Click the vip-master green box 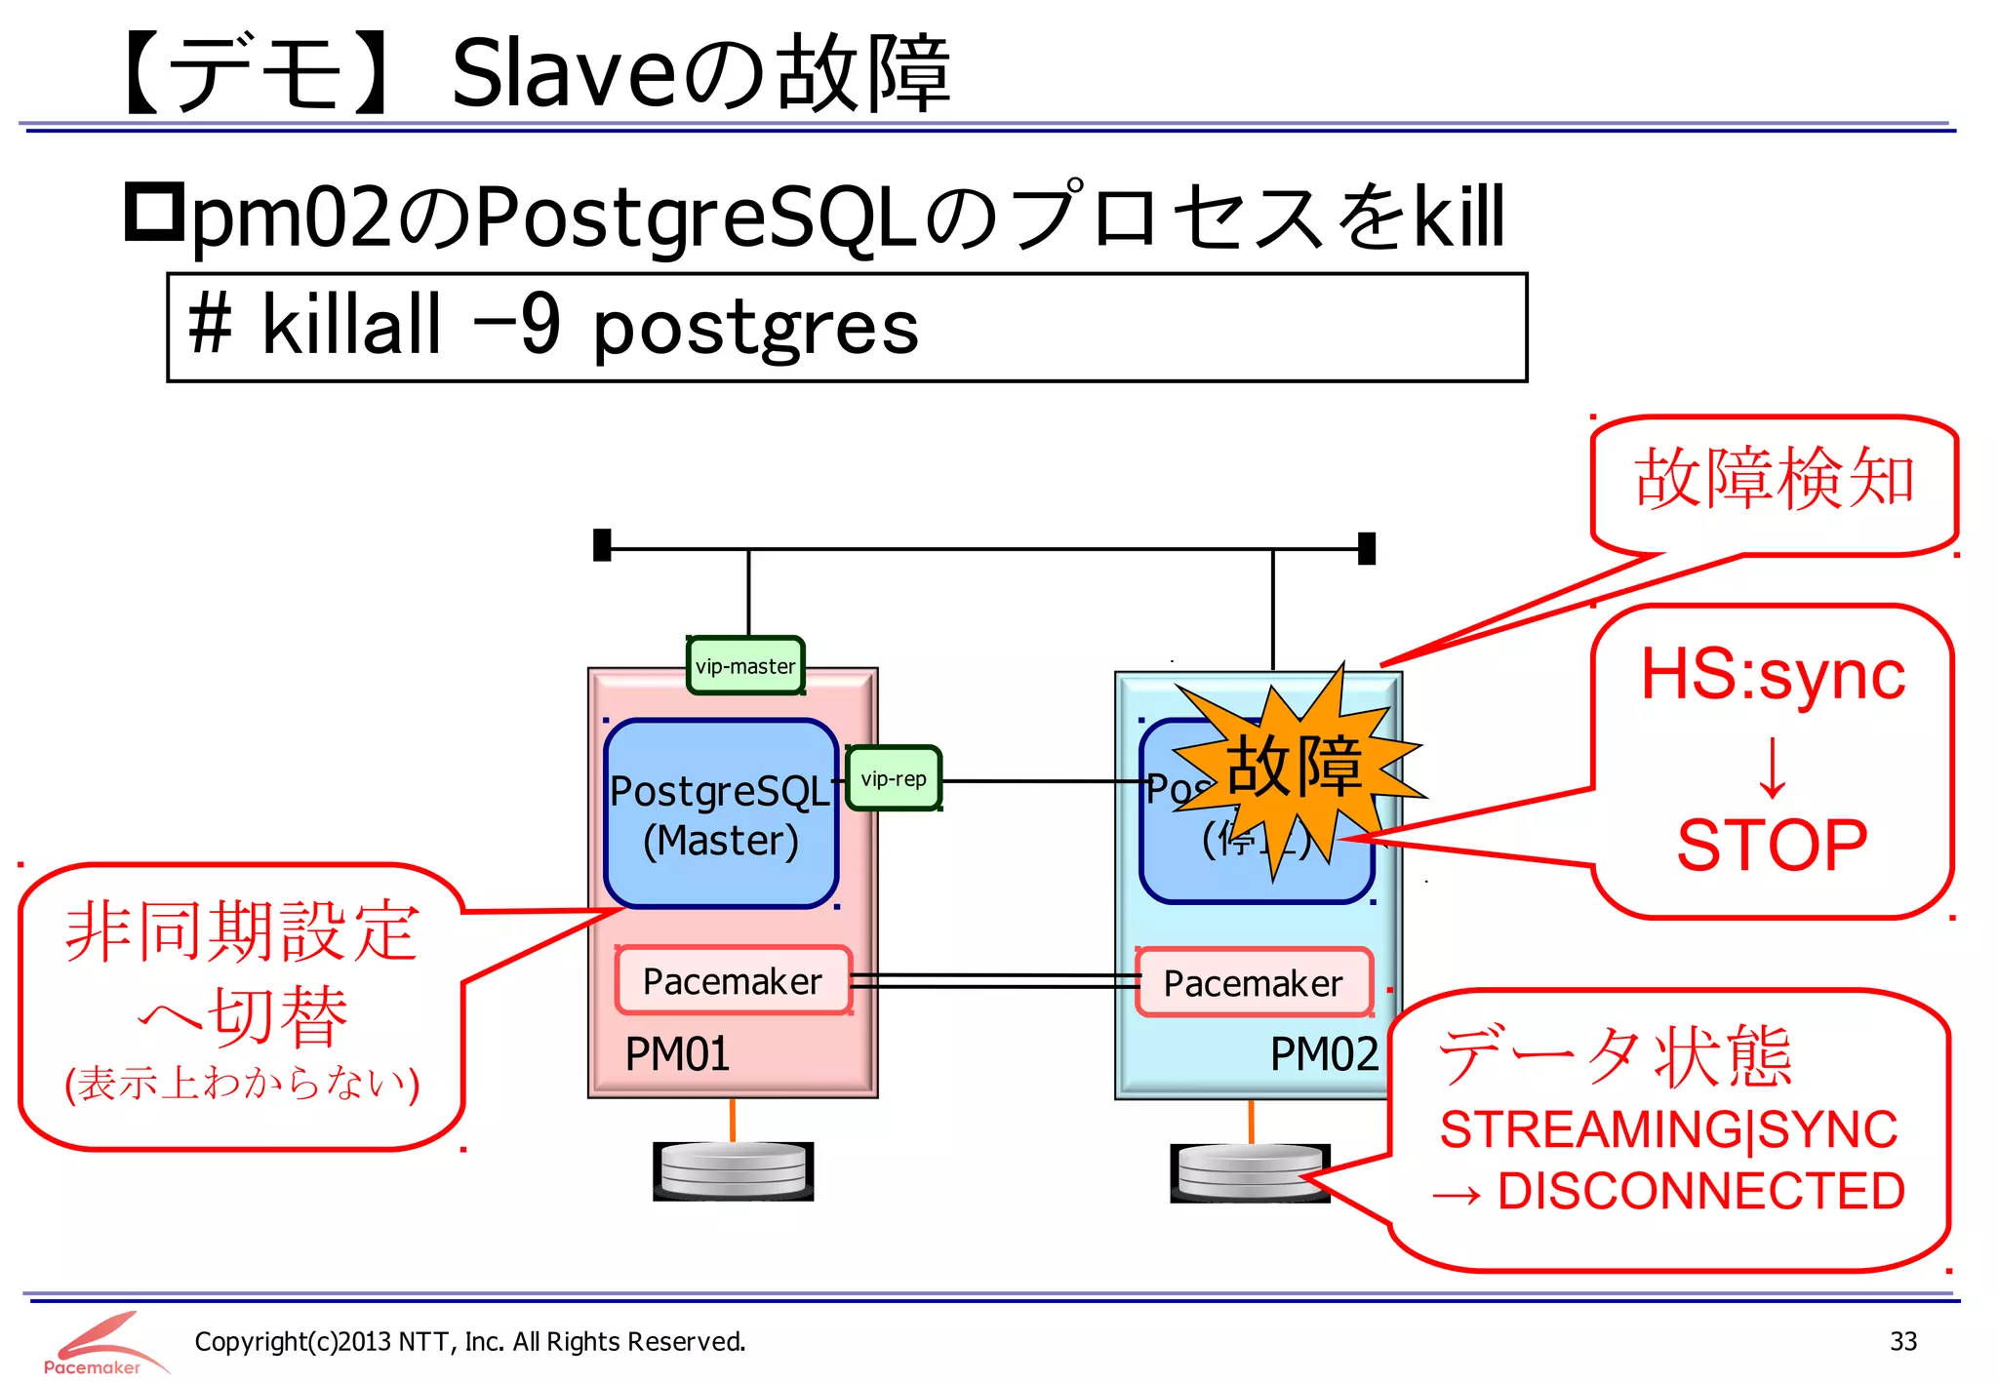click(745, 666)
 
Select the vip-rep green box click(894, 778)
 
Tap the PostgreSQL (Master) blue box click(720, 815)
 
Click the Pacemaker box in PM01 click(733, 981)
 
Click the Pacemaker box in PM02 click(1254, 983)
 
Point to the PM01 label click(677, 1054)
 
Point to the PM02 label click(1324, 1054)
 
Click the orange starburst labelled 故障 click(1294, 767)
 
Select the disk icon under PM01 click(734, 1170)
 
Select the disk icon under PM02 click(1249, 1172)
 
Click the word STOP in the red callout click(1772, 845)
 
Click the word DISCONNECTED click(1700, 1191)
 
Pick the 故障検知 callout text click(1774, 479)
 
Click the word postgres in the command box click(756, 329)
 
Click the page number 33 click(1902, 1341)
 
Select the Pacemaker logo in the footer click(98, 1344)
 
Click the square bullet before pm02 click(154, 212)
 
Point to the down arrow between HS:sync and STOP click(1772, 767)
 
